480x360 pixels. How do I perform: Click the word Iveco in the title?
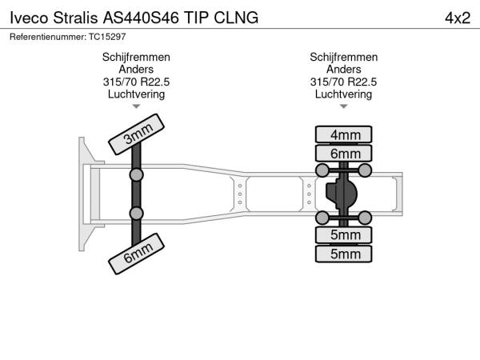pos(27,17)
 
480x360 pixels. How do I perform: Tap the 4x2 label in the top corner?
pos(457,17)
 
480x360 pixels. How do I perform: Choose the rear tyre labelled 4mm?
pos(344,134)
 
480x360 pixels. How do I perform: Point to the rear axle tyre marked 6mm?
pos(344,154)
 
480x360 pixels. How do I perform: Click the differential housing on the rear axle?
pos(342,194)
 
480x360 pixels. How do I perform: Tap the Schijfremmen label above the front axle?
pos(136,58)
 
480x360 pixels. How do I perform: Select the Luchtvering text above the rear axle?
pos(344,94)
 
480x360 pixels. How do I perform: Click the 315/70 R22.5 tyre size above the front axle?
pos(136,82)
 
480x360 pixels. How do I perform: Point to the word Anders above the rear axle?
pos(344,70)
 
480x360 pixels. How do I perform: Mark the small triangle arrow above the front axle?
pos(136,106)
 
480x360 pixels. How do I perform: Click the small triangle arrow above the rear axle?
pos(344,106)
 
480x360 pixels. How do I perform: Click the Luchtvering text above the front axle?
pos(136,94)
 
